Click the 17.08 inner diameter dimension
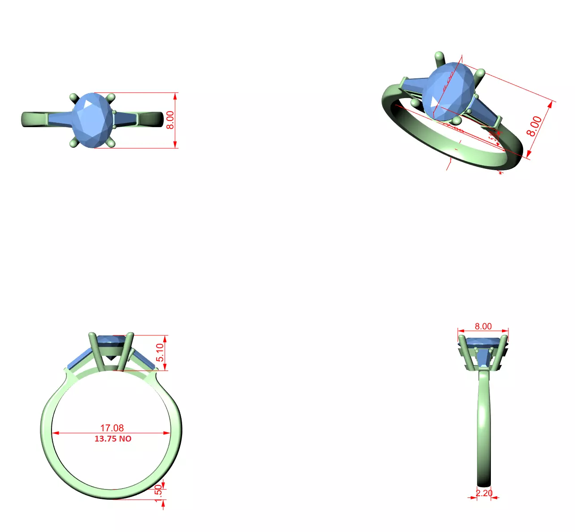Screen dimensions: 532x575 pyautogui.click(x=112, y=428)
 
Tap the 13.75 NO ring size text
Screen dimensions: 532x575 pyautogui.click(x=113, y=439)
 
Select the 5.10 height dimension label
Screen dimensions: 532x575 pyautogui.click(x=160, y=352)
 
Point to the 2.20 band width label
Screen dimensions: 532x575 pyautogui.click(x=484, y=493)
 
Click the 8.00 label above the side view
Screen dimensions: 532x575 pyautogui.click(x=483, y=326)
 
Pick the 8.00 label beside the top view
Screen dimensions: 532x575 pyautogui.click(x=170, y=120)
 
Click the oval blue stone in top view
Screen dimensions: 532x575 pyautogui.click(x=93, y=120)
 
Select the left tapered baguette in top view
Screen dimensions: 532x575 pyautogui.click(x=60, y=118)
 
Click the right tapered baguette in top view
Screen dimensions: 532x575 pyautogui.click(x=126, y=118)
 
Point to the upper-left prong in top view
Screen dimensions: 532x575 pyautogui.click(x=74, y=98)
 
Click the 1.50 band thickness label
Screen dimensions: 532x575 pyautogui.click(x=158, y=493)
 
